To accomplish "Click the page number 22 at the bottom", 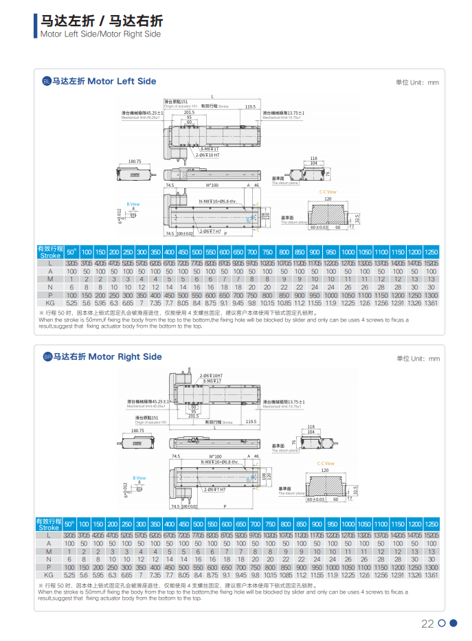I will [427, 624].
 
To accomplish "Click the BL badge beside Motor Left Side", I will [47, 81].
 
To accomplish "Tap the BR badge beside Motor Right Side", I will [47, 357].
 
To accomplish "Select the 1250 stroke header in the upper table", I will [431, 251].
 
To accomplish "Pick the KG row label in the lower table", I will [49, 574].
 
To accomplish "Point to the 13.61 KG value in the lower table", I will [431, 574].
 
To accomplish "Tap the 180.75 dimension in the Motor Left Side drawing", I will [135, 161].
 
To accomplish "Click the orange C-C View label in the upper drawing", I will [328, 192].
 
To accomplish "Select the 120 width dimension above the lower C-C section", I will [328, 471].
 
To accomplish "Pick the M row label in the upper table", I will [49, 280].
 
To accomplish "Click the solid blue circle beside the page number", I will [453, 624].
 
